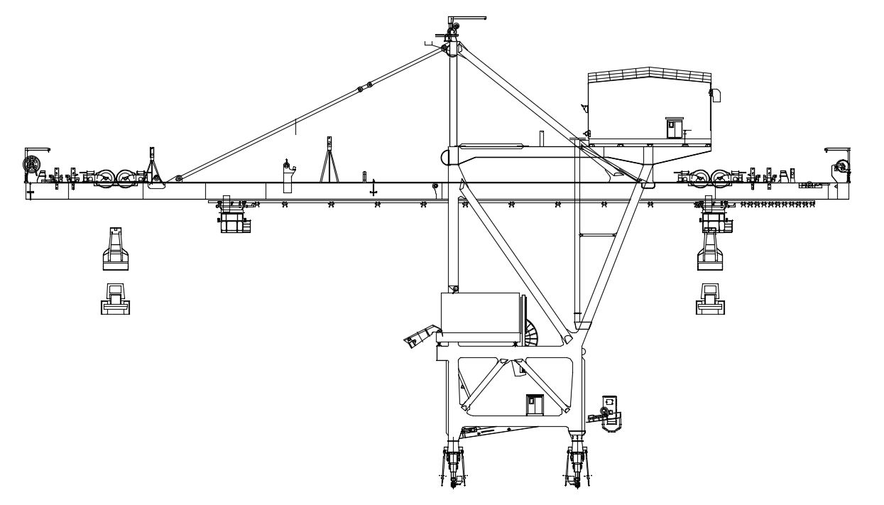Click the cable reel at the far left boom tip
tap(31, 166)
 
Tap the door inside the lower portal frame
tap(534, 405)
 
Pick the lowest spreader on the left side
tap(115, 298)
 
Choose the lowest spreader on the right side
tap(710, 298)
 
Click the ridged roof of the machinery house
tap(649, 75)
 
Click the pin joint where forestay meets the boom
tap(179, 178)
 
